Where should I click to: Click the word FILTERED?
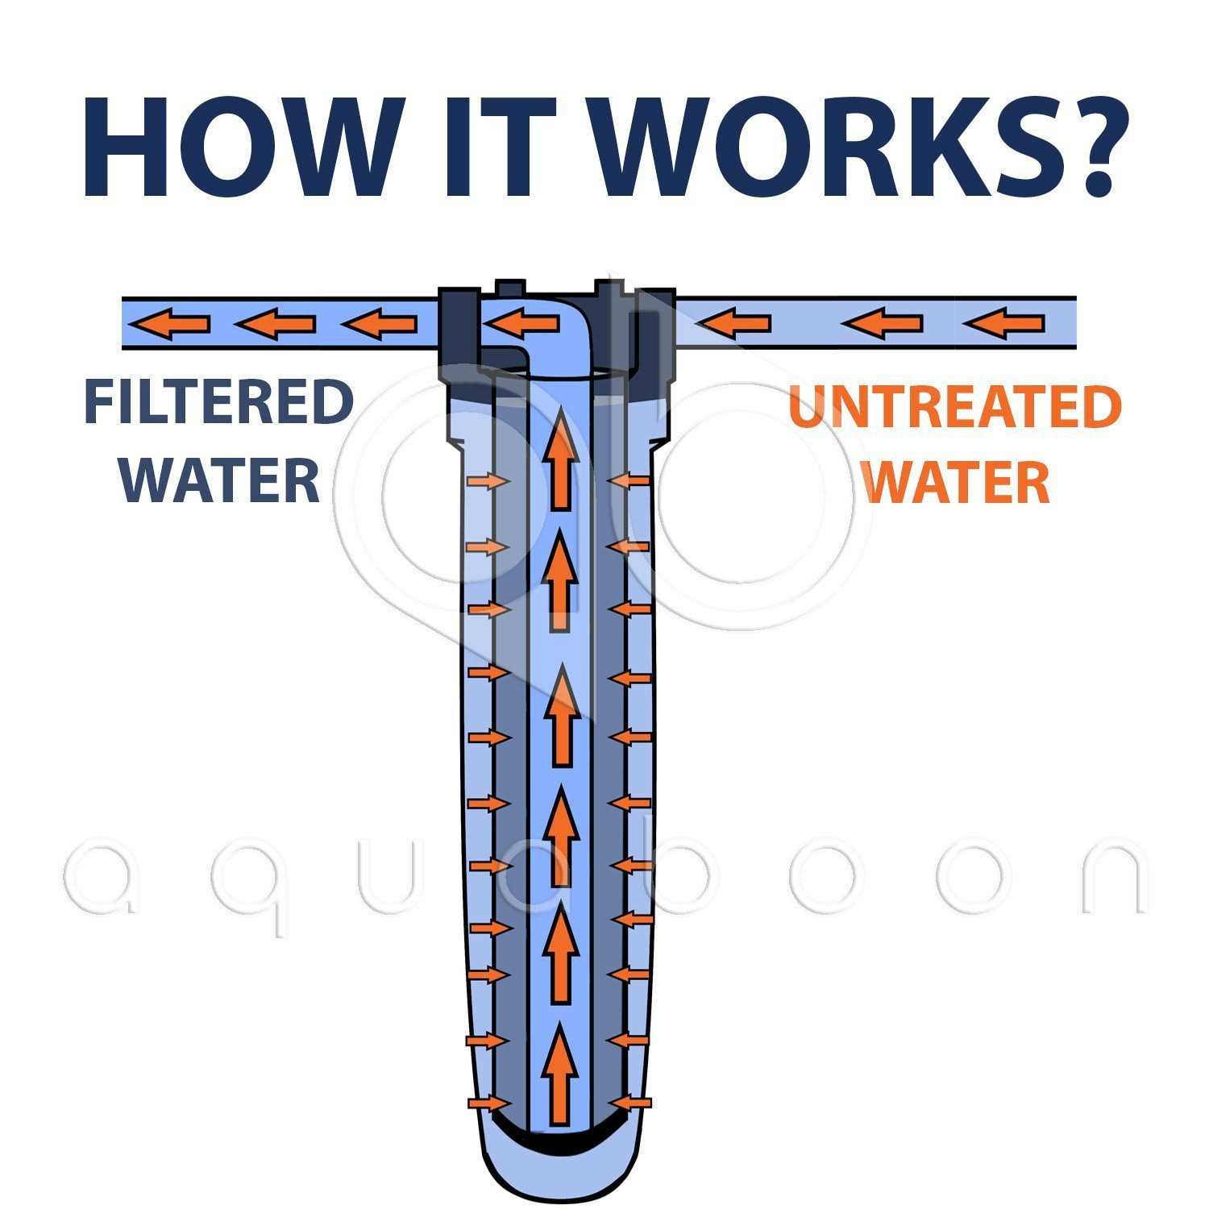click(x=218, y=404)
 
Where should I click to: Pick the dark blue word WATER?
click(x=219, y=480)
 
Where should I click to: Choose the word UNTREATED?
click(x=954, y=407)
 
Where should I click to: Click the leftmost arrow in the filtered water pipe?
click(x=170, y=324)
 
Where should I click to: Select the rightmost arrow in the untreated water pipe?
click(x=1003, y=324)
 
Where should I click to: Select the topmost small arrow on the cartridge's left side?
click(x=488, y=482)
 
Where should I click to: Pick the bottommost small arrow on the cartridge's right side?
click(x=629, y=1102)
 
